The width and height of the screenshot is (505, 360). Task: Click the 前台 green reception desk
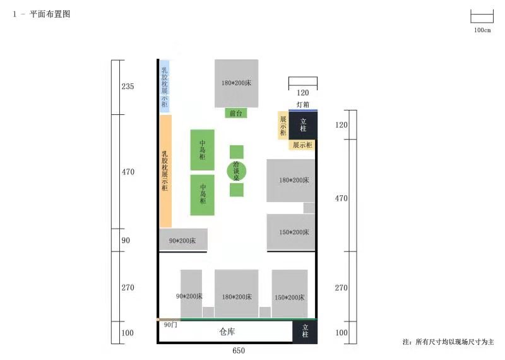236,114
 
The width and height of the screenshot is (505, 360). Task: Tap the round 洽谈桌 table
236,171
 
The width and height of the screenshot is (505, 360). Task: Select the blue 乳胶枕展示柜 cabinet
164,86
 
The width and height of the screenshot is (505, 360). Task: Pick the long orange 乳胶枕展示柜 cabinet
165,171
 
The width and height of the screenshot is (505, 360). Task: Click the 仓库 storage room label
227,332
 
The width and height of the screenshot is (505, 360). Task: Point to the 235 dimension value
128,87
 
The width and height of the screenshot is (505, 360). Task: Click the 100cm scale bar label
482,30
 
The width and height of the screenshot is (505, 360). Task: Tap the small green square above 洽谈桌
236,152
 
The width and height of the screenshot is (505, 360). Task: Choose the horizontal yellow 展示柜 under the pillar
301,145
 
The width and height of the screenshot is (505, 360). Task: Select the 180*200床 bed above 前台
236,83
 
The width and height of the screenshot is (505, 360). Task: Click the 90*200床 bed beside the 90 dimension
182,240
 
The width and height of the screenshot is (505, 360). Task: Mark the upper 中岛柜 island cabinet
203,150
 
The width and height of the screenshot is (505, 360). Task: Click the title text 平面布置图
50,14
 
